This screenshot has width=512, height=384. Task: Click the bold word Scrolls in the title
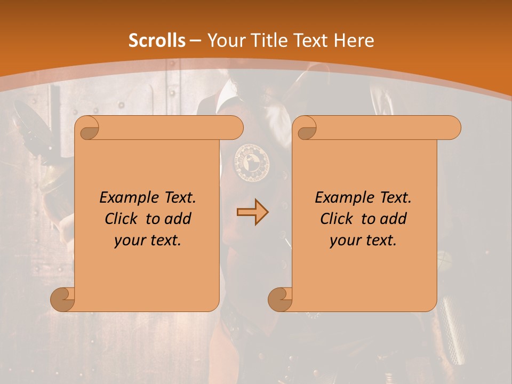[x=157, y=41]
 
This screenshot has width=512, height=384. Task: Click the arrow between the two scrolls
[x=252, y=212]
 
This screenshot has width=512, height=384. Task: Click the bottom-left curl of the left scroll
[x=63, y=299]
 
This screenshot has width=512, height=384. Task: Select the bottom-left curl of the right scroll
[x=281, y=299]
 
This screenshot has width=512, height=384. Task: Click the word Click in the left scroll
[x=122, y=219]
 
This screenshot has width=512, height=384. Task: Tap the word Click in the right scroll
[x=337, y=219]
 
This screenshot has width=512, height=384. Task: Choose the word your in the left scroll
[x=127, y=241]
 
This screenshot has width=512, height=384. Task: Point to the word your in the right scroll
[x=342, y=241]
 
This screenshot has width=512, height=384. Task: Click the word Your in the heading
[x=224, y=41]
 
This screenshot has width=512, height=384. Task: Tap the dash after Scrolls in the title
[x=195, y=41]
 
